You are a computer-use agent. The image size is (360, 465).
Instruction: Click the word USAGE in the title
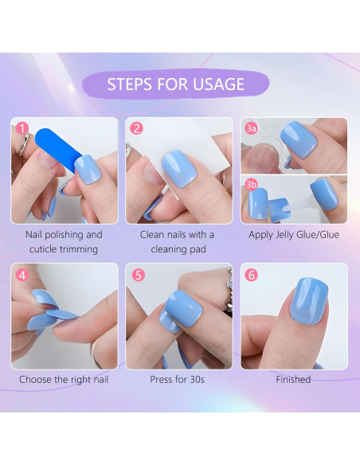219,84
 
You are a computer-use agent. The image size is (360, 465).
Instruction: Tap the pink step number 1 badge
22,129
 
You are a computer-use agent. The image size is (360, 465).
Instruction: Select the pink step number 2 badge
136,129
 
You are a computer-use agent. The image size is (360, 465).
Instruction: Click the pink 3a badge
251,128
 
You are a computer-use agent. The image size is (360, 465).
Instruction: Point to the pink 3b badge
251,185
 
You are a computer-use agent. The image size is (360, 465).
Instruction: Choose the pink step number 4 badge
22,275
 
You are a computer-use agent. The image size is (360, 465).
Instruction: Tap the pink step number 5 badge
139,275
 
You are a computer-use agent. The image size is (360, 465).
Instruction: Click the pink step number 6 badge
251,275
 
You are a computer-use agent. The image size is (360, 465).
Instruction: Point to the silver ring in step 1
24,144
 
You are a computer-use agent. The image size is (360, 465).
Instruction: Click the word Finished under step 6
293,380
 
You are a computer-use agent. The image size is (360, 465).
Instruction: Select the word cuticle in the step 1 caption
45,249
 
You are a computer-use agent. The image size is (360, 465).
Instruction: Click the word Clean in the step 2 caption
151,235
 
